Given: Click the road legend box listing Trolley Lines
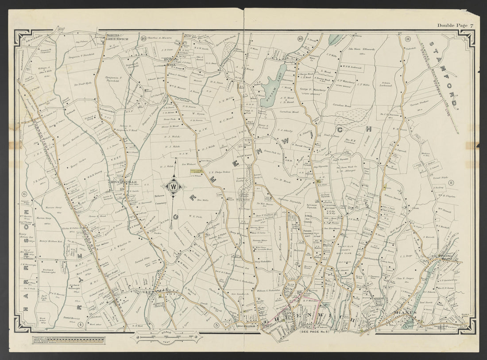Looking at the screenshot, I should [69, 341].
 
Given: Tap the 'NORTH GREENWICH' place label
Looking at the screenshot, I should [116, 37].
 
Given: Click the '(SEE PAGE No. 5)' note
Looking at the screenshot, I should [317, 331].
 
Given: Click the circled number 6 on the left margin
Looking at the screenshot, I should [24, 194].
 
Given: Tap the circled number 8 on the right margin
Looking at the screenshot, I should [451, 182].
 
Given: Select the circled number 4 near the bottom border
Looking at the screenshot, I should [81, 325].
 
